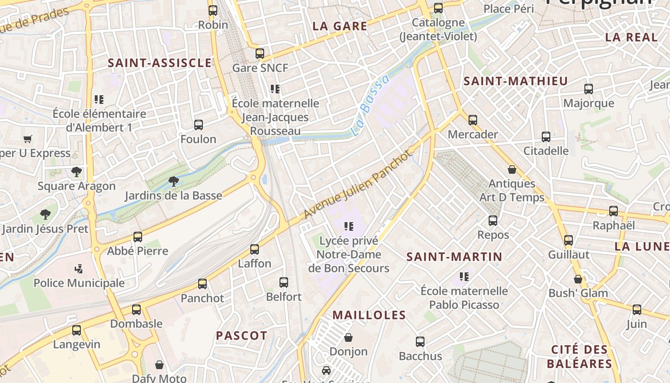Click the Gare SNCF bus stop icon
coord(260,53)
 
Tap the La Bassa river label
coord(369,107)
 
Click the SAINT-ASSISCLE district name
coord(160,63)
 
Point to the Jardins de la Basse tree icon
coord(174,181)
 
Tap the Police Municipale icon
coord(79,269)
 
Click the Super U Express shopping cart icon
coord(28,139)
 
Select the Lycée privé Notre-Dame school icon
coord(348,226)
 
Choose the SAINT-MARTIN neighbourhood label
coord(454,257)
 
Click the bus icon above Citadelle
coord(546,136)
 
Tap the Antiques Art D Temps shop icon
coord(512,169)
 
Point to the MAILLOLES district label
coord(369,315)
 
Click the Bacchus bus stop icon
coord(420,341)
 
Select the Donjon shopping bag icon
coord(348,337)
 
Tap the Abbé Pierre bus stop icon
coord(138,237)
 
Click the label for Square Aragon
coord(77,186)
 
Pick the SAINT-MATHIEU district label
coord(515,81)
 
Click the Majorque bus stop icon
coord(589,89)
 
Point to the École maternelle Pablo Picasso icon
coord(464,276)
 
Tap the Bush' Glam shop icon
coord(578,279)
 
